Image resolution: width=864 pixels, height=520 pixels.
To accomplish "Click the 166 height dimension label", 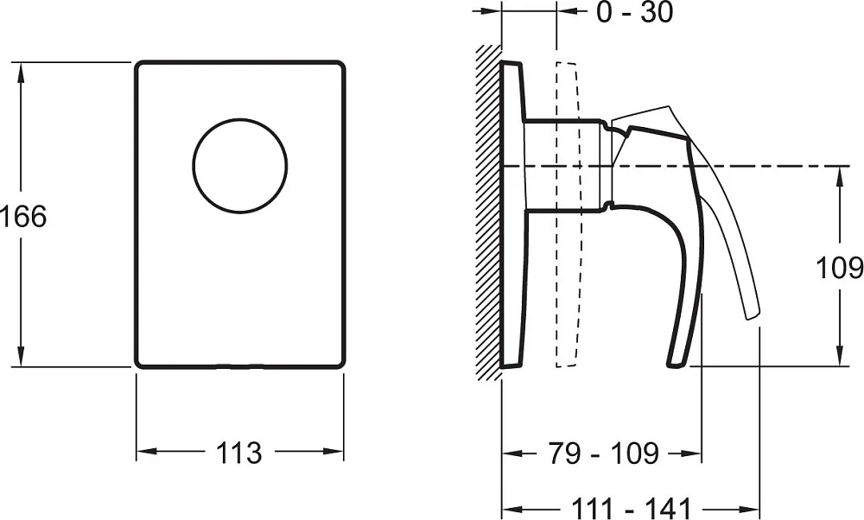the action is pyautogui.click(x=23, y=216).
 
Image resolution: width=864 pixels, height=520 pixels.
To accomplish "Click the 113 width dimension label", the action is pyautogui.click(x=238, y=453).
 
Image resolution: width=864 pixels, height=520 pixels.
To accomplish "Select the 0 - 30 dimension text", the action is pyautogui.click(x=635, y=12).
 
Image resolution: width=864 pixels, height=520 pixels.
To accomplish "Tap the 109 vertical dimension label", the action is pyautogui.click(x=839, y=269).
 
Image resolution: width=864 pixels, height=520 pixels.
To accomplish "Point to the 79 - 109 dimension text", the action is pyautogui.click(x=603, y=453).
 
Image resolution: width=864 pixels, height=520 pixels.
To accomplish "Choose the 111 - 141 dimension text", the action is pyautogui.click(x=631, y=507).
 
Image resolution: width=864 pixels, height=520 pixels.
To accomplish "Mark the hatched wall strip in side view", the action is pyautogui.click(x=489, y=212).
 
